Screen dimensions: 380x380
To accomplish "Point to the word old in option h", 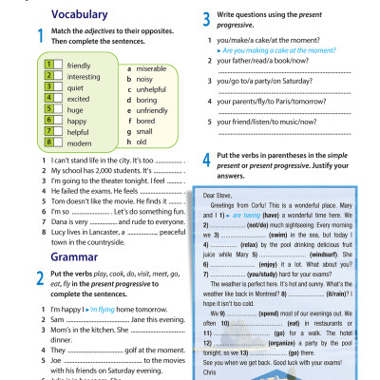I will coord(142,142).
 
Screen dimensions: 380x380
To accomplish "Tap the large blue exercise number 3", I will coord(207,18).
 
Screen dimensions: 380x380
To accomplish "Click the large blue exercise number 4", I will coord(207,157).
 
